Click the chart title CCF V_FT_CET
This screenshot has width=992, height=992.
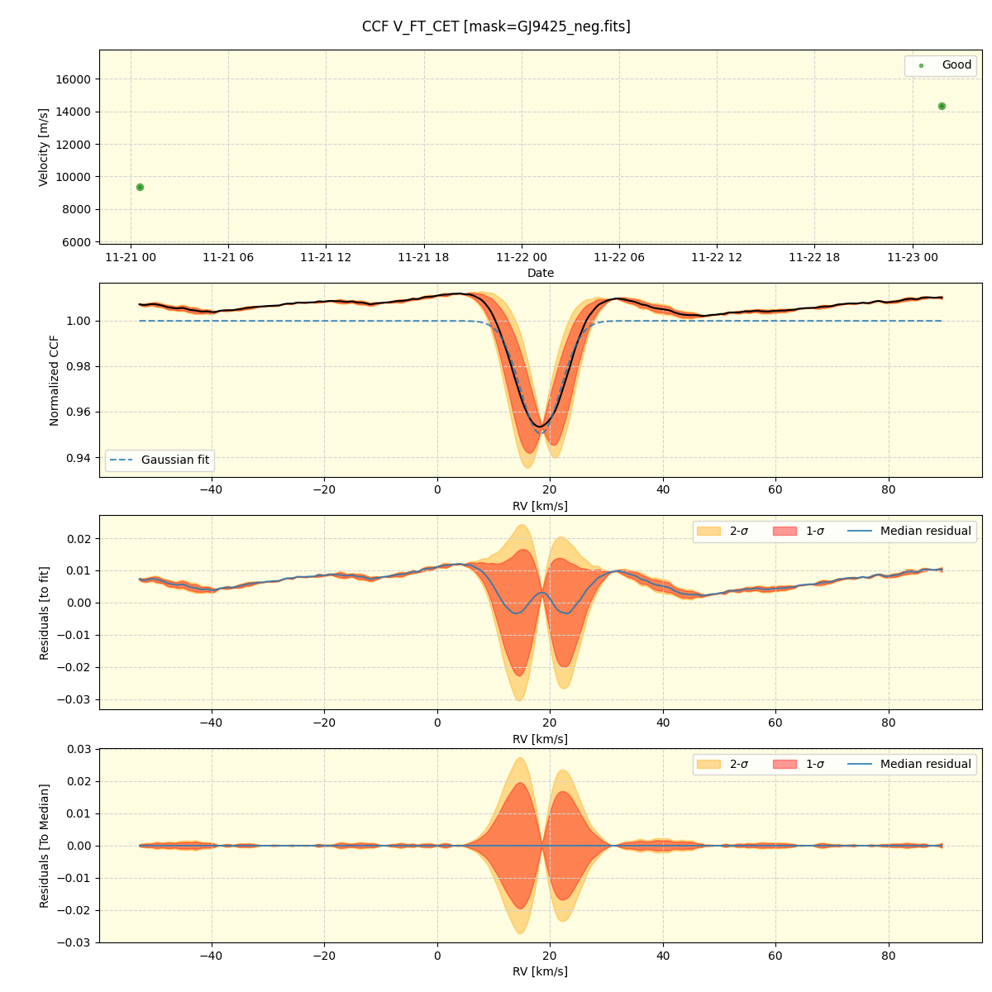pyautogui.click(x=496, y=26)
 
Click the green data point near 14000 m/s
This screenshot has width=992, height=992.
pyautogui.click(x=942, y=106)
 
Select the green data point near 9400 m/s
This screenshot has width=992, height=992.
pyautogui.click(x=140, y=187)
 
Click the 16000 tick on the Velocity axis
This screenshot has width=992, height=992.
pyautogui.click(x=74, y=79)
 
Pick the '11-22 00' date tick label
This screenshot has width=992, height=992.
pyautogui.click(x=522, y=257)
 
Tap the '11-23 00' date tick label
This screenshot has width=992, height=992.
pyautogui.click(x=913, y=257)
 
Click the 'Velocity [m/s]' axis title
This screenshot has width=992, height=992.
pyautogui.click(x=44, y=147)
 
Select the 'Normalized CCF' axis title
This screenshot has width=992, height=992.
pyautogui.click(x=55, y=380)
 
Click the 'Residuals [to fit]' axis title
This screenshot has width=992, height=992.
pyautogui.click(x=44, y=613)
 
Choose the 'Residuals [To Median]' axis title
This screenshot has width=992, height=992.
pyautogui.click(x=44, y=846)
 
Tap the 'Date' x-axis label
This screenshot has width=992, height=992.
pyautogui.click(x=541, y=273)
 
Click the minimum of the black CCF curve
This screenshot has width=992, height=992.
pyautogui.click(x=540, y=427)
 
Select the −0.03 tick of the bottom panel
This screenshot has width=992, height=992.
pyautogui.click(x=74, y=942)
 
